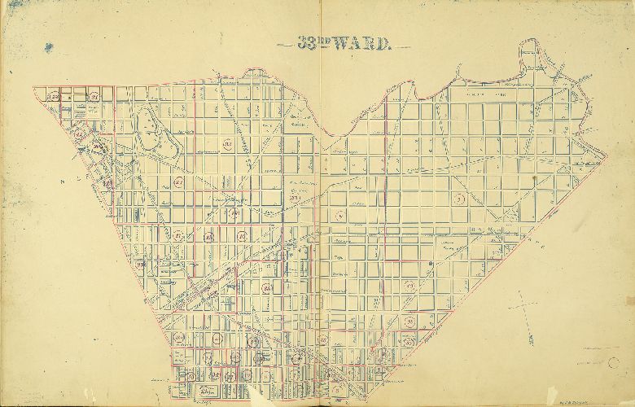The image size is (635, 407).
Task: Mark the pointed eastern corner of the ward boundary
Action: (607, 155)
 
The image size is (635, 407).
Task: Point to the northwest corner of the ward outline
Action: (33, 87)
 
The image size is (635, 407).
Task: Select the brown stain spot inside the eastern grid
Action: (532, 174)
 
